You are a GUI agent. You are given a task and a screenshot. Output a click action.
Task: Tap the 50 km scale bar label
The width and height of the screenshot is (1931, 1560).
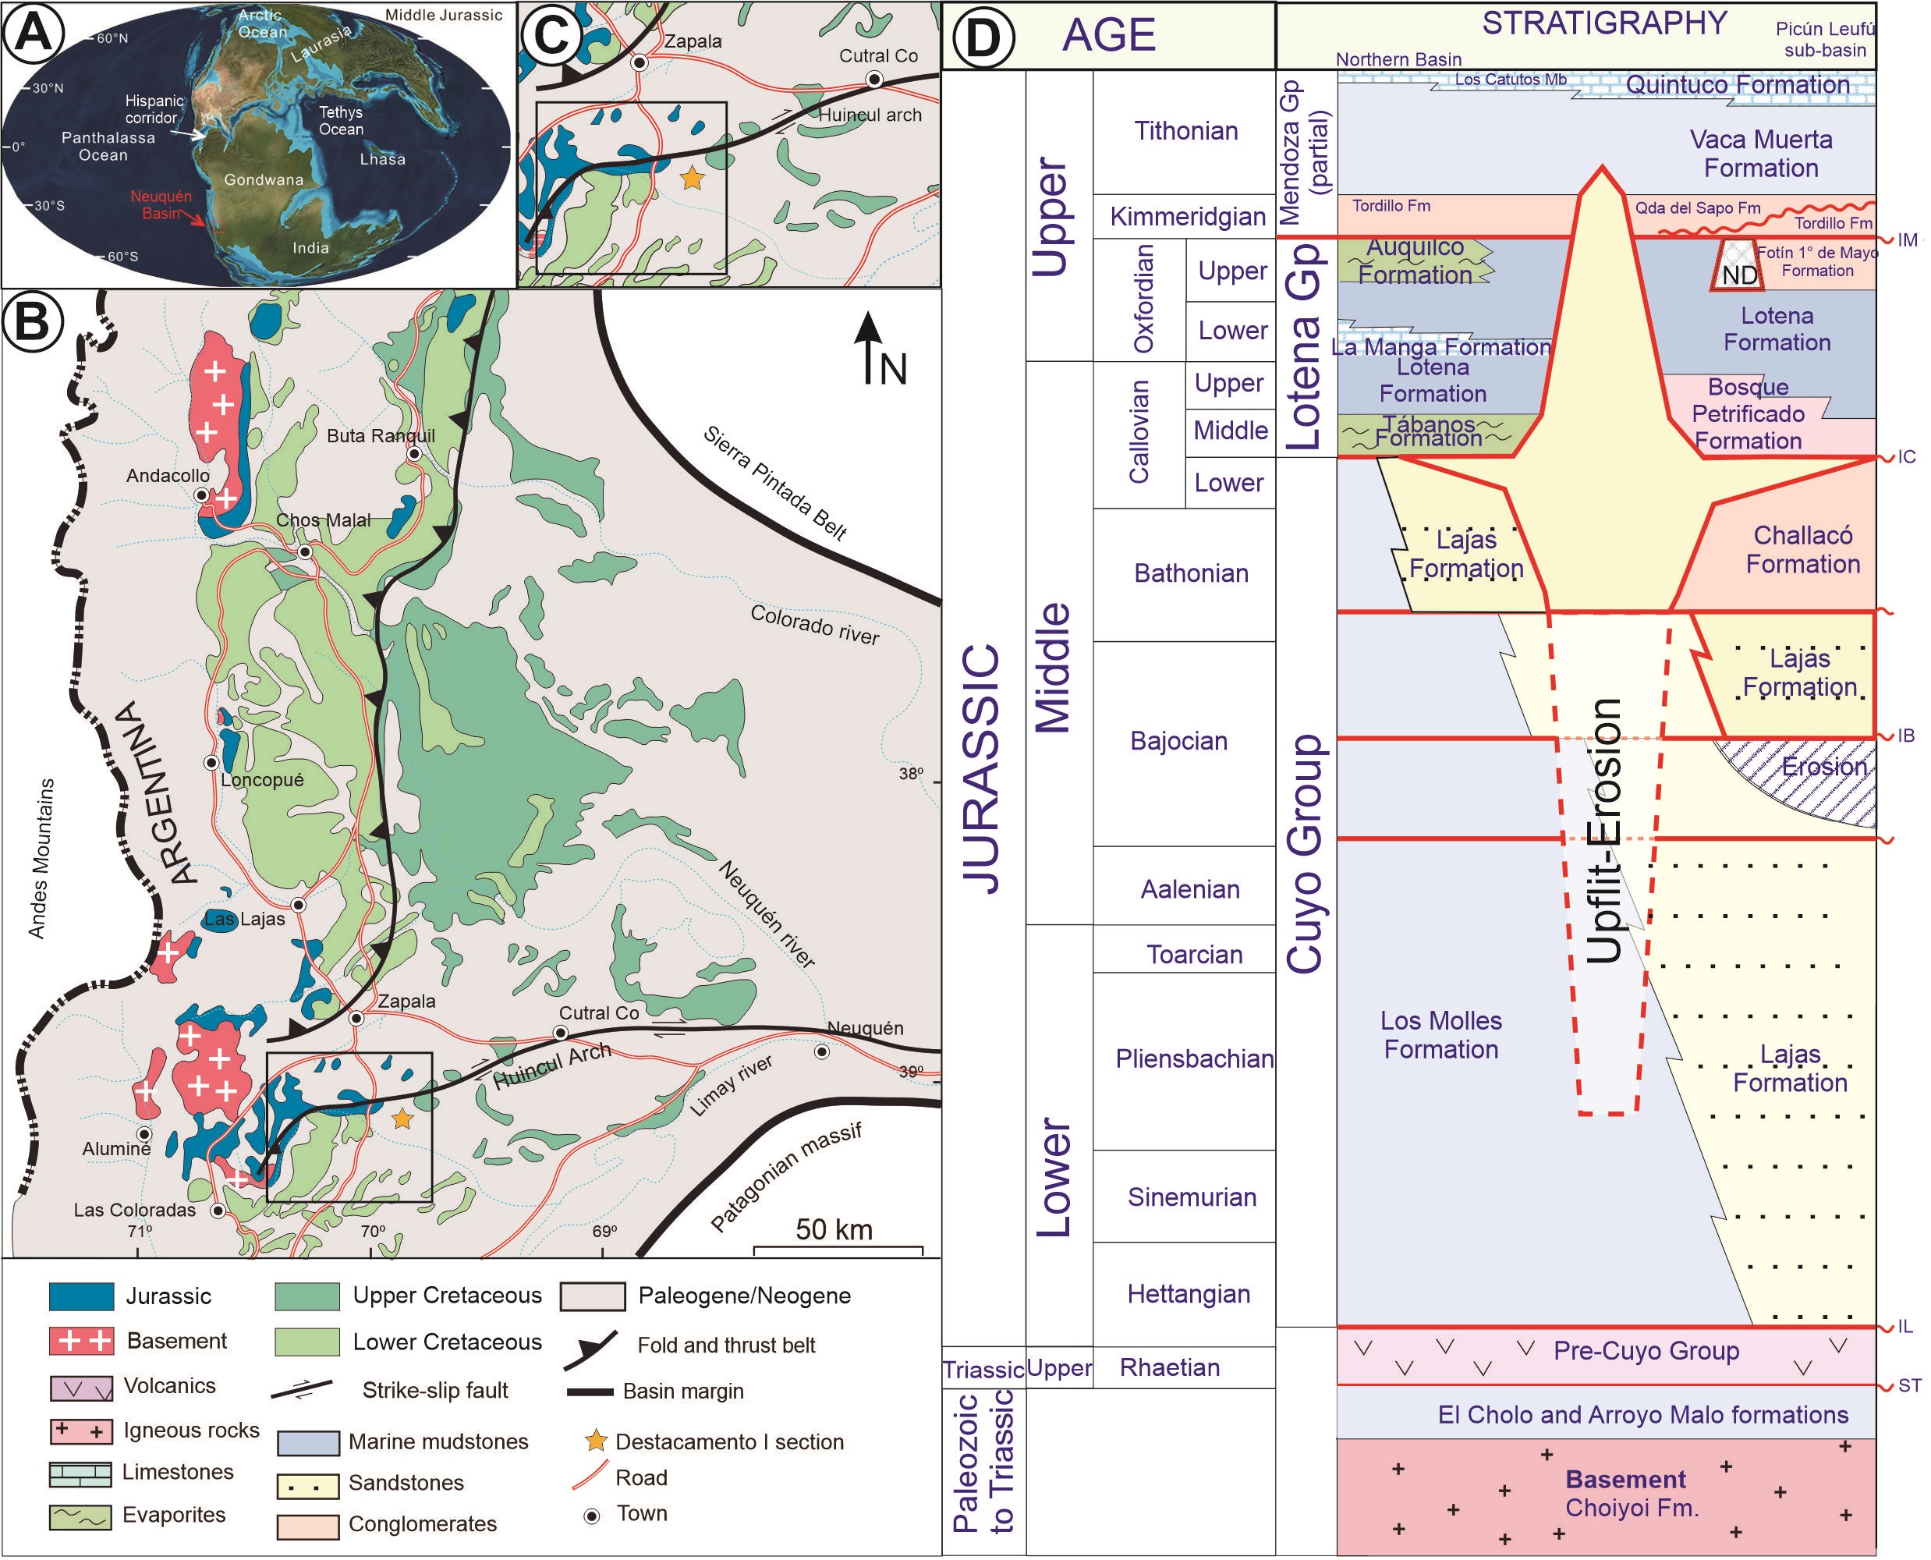click(x=833, y=1229)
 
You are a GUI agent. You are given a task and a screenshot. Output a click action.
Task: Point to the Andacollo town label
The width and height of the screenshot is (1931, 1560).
click(x=167, y=475)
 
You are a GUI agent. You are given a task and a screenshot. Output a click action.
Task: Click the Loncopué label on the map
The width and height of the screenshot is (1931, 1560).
click(x=261, y=780)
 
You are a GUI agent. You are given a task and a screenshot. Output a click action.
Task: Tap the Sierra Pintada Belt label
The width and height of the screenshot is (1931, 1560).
click(x=774, y=484)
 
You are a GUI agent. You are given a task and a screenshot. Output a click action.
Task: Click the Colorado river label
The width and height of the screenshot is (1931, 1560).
click(x=814, y=625)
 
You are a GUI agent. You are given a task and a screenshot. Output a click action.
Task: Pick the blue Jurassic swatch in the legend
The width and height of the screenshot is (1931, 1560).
click(x=81, y=1296)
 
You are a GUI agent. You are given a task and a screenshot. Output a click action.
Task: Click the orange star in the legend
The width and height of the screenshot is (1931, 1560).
click(x=596, y=1441)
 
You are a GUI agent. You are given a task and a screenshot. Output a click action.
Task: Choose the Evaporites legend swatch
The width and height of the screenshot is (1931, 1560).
click(x=81, y=1517)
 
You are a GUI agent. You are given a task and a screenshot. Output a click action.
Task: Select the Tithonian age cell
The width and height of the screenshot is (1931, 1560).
click(x=1185, y=131)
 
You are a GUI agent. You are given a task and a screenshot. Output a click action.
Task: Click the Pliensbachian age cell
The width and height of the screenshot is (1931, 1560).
click(x=1193, y=1058)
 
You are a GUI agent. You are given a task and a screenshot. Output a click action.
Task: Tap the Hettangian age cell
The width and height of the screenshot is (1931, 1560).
click(x=1188, y=1294)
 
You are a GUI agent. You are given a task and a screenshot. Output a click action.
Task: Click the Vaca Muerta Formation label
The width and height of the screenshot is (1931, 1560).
click(x=1760, y=154)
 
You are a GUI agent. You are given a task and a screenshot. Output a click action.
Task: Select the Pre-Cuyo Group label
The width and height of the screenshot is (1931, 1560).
click(x=1646, y=1351)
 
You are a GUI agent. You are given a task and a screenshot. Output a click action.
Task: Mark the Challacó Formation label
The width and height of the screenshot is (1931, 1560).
click(x=1802, y=550)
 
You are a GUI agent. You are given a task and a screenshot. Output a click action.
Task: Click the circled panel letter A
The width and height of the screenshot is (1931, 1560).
click(x=34, y=34)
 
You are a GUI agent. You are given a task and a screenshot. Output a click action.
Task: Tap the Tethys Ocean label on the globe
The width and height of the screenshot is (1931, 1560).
click(x=341, y=120)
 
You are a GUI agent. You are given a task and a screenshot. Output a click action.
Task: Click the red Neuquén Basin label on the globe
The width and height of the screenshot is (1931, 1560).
click(x=161, y=205)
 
